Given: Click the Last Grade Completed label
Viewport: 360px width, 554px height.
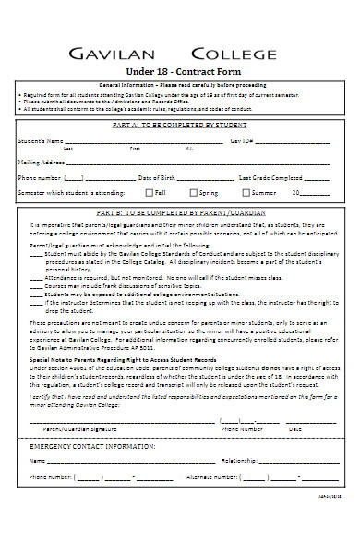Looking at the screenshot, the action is click(x=270, y=177).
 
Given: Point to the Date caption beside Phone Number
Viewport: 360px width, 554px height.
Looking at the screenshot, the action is click(x=295, y=429).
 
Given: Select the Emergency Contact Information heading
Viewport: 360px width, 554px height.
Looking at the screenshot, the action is click(x=79, y=445).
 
